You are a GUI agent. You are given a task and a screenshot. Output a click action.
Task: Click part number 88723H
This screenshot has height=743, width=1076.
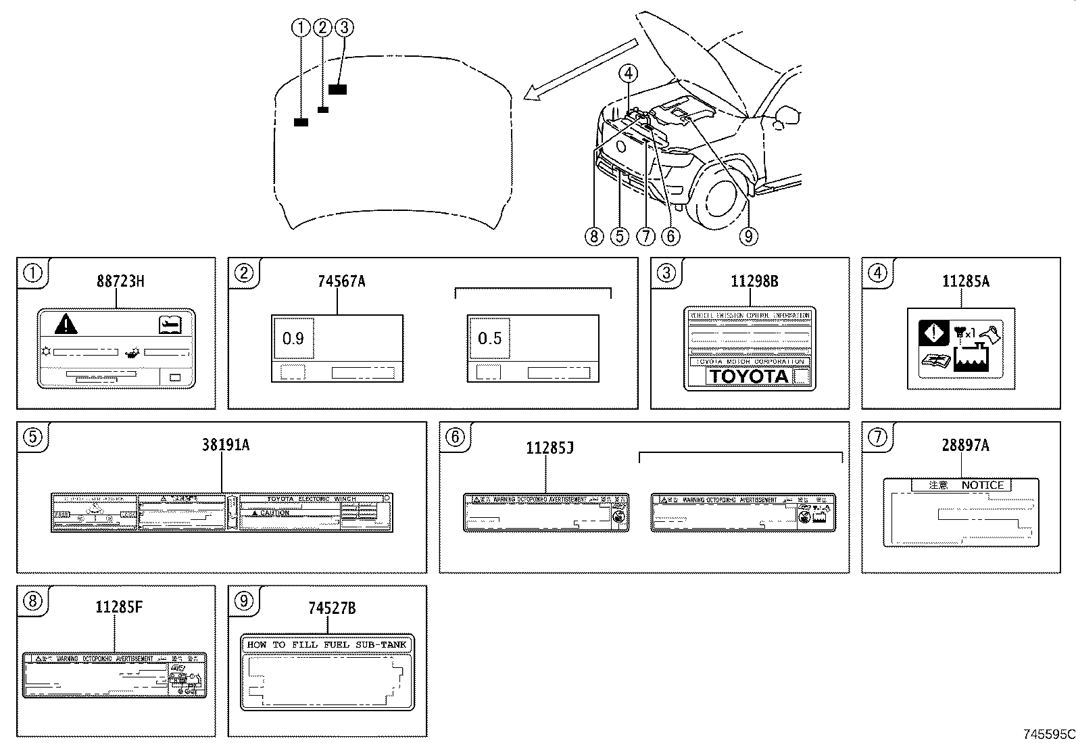click(120, 281)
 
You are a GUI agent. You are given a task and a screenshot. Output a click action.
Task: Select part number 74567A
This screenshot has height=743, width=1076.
click(341, 281)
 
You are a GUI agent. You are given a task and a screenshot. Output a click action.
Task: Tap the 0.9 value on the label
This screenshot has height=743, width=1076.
click(293, 338)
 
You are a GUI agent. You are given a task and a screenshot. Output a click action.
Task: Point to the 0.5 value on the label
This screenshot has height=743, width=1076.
click(489, 338)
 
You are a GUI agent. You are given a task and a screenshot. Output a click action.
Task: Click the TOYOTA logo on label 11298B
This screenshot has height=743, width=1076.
click(749, 377)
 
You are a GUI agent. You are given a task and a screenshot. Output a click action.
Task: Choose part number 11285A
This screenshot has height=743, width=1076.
click(965, 281)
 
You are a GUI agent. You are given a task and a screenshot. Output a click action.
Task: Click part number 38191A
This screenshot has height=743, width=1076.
click(225, 445)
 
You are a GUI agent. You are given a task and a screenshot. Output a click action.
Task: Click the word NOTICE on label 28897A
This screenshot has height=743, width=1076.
click(982, 485)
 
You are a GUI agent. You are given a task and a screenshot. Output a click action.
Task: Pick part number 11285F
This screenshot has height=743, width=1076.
click(118, 607)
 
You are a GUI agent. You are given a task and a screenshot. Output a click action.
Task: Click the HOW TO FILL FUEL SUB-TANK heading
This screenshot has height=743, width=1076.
click(327, 644)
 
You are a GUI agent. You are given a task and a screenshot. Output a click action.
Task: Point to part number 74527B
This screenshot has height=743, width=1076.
click(332, 608)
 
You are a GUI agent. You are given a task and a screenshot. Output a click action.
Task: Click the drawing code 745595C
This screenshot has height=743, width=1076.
click(1048, 734)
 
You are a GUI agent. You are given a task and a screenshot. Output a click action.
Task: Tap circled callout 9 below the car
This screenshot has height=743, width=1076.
click(748, 236)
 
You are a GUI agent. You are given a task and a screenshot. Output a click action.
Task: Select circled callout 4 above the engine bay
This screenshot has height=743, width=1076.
click(628, 72)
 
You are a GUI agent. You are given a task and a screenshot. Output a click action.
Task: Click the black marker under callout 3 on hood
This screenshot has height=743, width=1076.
click(337, 89)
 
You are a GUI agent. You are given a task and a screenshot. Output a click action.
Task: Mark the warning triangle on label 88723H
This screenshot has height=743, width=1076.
click(66, 325)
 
